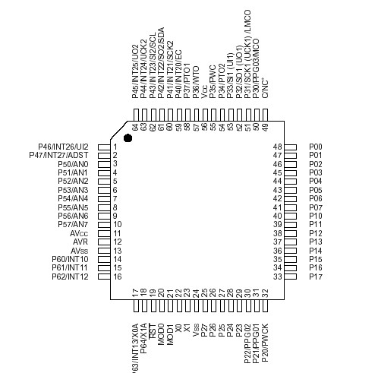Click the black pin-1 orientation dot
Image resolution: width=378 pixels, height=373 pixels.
[128, 138]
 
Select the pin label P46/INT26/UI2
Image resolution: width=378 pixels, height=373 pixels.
[64, 146]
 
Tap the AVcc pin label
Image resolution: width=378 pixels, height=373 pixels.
[79, 233]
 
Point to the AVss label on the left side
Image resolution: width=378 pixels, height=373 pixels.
[80, 251]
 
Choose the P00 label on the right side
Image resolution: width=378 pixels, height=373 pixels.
[316, 147]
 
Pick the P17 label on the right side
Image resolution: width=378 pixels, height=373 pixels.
[316, 277]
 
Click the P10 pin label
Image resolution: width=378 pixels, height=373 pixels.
[316, 216]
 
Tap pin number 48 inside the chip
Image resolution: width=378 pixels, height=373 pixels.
[278, 147]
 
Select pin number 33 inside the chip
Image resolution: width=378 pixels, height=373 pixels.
[278, 277]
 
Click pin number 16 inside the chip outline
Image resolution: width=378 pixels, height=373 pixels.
[118, 277]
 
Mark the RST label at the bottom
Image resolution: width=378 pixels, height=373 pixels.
[153, 328]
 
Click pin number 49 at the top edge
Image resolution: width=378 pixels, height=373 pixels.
[266, 127]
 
